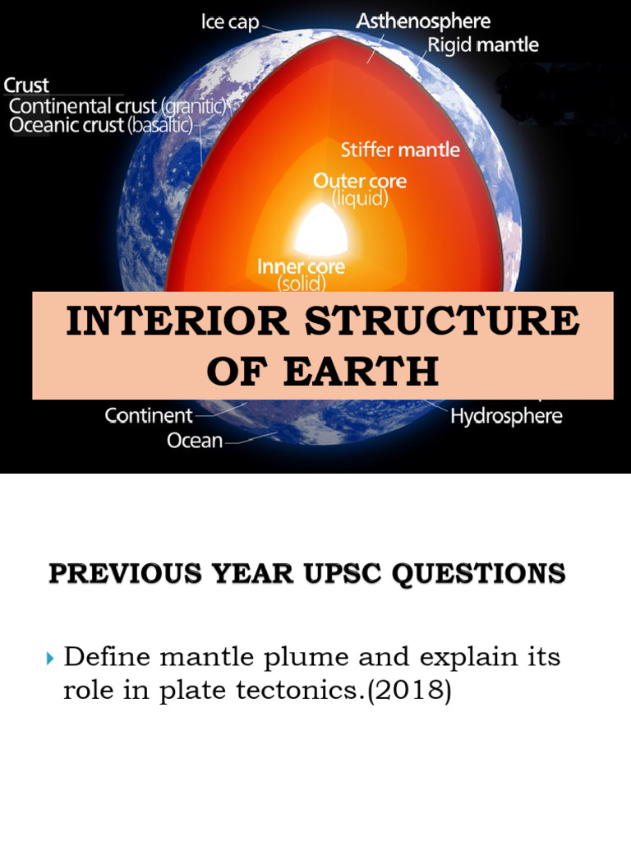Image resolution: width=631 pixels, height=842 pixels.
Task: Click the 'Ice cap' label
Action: pos(230,22)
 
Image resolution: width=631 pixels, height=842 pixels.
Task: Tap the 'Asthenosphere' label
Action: pos(422,21)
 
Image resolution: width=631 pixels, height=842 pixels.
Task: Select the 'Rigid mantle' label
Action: pos(483,45)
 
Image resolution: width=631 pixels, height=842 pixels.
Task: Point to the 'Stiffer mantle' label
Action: pos(400,150)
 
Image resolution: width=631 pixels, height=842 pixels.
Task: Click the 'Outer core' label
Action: pos(360,180)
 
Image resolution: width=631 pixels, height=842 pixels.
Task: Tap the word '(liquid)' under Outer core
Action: pos(360,199)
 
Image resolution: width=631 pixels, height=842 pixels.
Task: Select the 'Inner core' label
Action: pos(301,266)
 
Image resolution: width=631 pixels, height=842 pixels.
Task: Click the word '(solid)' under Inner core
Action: pos(301,284)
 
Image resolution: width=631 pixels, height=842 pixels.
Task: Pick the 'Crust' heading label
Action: pos(26,86)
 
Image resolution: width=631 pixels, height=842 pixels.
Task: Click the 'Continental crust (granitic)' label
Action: pos(117,106)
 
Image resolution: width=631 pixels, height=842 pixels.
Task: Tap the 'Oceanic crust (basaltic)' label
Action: pos(100,126)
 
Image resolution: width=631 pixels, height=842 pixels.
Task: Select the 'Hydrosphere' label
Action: pos(506,416)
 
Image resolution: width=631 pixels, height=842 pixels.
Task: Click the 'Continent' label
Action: pos(149,415)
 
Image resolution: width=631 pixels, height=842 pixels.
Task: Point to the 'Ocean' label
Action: pos(195,441)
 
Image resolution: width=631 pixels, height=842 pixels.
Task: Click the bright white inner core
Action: pos(323,229)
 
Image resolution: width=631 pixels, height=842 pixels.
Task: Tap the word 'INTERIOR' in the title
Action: pos(177,322)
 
